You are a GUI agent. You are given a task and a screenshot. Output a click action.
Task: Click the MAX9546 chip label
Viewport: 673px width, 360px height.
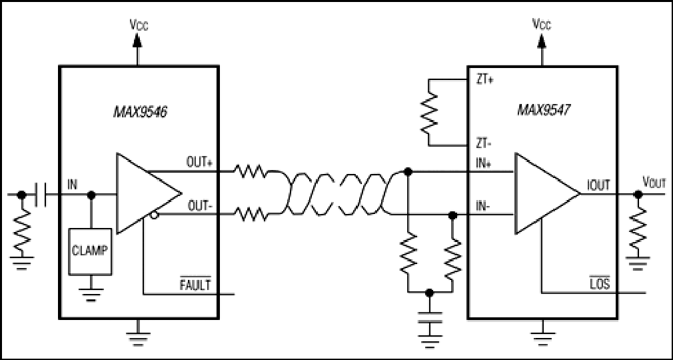140,112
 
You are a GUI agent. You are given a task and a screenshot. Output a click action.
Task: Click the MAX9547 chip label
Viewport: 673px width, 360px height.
544,111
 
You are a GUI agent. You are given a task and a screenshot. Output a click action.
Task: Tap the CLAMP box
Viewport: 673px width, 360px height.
91,252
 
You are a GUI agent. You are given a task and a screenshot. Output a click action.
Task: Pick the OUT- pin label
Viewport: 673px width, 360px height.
200,206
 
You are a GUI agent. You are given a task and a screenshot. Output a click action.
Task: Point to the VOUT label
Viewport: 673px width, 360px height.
654,183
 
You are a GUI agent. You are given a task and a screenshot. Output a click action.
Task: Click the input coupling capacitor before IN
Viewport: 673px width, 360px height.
41,194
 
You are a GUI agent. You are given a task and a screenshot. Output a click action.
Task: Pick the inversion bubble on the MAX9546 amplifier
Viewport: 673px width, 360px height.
153,215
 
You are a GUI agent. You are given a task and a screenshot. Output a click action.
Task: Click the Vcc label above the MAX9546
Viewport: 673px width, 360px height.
139,25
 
